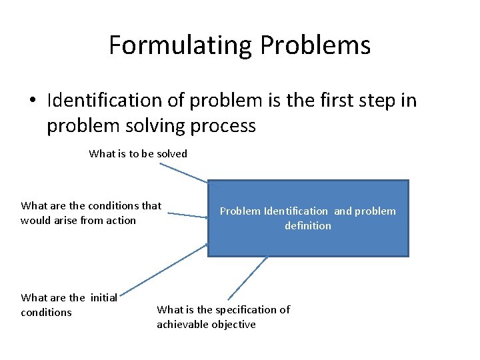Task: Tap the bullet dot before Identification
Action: coord(33,101)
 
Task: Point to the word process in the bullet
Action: coord(224,125)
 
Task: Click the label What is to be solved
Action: coord(138,153)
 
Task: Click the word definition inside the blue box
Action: coord(307,225)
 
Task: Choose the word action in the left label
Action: coord(121,220)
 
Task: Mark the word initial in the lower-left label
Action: coord(103,297)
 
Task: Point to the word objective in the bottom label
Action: coord(234,324)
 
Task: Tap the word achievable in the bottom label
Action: coord(182,324)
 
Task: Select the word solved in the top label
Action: coord(172,153)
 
